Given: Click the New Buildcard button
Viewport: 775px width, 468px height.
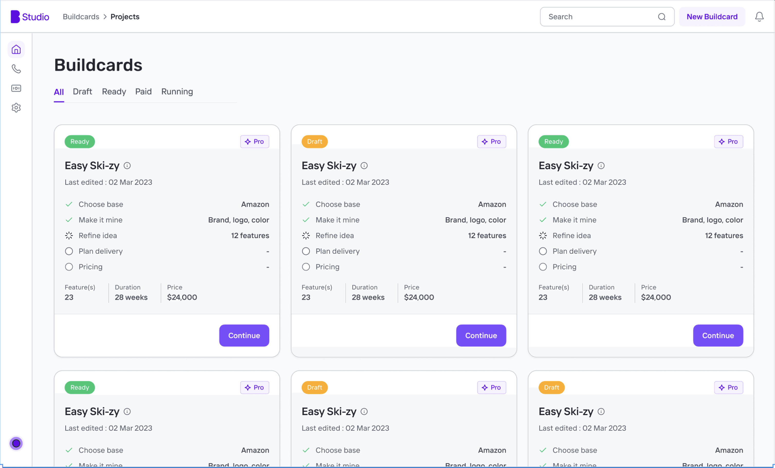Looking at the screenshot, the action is coord(712,17).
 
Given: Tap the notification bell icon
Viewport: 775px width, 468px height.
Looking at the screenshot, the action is coord(759,17).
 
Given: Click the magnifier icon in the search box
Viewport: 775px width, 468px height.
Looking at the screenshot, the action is coord(662,17).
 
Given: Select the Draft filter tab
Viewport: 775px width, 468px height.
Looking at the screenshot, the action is coord(82,92).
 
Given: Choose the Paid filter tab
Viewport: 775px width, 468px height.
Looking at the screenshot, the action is coord(143,92).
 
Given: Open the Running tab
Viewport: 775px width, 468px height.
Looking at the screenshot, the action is coord(177,92).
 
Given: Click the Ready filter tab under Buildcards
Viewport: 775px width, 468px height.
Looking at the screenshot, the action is coord(114,92).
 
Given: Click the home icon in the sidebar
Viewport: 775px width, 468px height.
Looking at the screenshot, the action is coord(16,49).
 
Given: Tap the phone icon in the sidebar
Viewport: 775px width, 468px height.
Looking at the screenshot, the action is coord(16,69).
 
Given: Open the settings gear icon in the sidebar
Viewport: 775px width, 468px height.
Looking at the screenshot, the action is coord(16,108).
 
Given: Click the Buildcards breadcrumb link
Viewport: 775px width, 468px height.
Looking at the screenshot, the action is coord(81,17).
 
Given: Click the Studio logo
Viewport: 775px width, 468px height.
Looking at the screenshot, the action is coord(30,17).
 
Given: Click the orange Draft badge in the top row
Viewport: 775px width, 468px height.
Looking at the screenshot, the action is coord(315,142).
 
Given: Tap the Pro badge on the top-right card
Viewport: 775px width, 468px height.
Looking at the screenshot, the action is coord(728,142).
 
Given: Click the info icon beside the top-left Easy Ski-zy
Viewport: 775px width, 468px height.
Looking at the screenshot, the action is coord(127,166).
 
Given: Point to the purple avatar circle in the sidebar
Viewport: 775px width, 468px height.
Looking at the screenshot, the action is coord(16,444).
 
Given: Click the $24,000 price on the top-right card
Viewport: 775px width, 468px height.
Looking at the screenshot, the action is coord(656,298).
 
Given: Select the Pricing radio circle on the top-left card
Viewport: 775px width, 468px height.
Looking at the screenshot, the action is coord(69,267).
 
